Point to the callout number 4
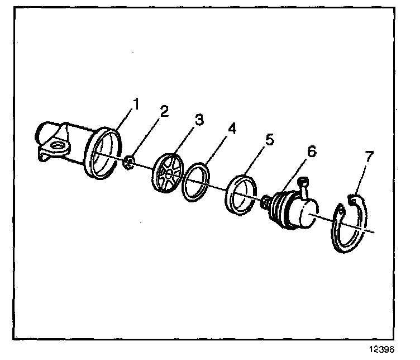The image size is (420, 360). pos(232,129)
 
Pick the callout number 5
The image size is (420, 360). pos(270,139)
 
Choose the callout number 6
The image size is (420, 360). pos(310,151)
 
